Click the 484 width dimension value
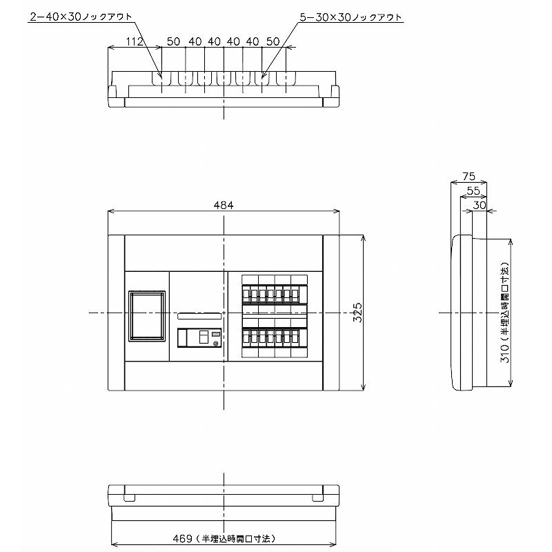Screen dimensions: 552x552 point(224,206)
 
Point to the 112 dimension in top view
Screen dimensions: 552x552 point(135,42)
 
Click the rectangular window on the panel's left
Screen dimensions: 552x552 point(146,316)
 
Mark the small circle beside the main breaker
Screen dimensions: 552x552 point(215,343)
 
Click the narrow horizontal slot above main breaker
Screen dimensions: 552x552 point(200,317)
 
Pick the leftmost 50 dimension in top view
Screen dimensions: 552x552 point(173,42)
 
